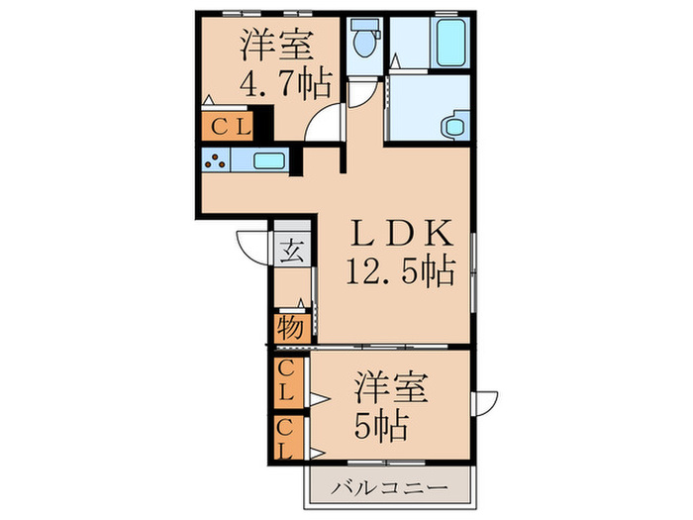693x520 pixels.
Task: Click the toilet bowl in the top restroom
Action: coord(364,41)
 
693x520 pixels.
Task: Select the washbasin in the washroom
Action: coord(452,126)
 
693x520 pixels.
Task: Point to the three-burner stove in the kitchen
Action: coord(216,160)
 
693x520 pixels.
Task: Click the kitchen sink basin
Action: coord(269,161)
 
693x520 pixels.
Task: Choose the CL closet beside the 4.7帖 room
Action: coord(229,126)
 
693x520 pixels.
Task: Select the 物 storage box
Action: coord(289,328)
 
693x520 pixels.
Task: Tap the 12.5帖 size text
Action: coord(400,268)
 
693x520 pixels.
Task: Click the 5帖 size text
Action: coord(381,426)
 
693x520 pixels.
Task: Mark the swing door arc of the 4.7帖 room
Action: coord(324,126)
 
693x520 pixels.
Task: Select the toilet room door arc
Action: coord(361,95)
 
